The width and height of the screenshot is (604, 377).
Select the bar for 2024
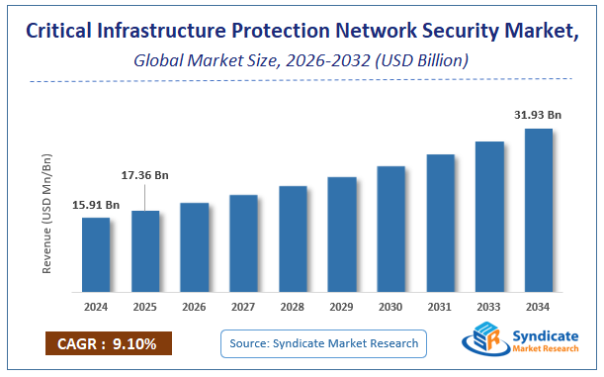point(96,254)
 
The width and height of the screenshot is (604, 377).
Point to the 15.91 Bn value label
point(96,205)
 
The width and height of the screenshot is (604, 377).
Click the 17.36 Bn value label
point(144,175)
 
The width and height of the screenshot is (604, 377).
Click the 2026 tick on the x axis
point(195,307)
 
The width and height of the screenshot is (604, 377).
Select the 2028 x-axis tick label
point(293,307)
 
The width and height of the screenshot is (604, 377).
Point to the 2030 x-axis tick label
point(391,307)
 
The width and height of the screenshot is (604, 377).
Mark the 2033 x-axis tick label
point(489,307)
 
